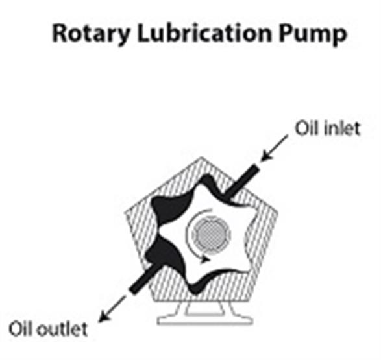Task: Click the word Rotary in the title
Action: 90,34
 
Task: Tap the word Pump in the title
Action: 313,35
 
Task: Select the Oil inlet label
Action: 327,128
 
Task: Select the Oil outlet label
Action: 48,329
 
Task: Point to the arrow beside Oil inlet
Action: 274,148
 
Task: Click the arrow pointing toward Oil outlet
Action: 112,309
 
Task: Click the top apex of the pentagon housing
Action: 201,158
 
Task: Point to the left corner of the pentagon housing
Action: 125,213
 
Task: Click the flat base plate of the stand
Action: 205,321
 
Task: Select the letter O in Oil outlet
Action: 15,330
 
